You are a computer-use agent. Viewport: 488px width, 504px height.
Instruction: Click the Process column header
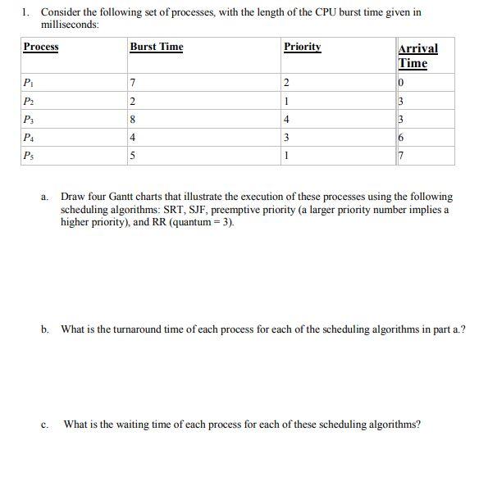(x=40, y=48)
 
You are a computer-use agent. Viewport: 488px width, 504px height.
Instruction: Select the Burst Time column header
(x=156, y=48)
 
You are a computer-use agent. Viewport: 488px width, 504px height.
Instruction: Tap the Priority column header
(x=302, y=48)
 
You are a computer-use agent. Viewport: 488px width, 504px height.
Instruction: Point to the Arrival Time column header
(x=417, y=56)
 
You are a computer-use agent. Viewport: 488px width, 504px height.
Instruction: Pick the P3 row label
(x=29, y=120)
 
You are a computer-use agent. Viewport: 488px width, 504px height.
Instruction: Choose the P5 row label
(x=29, y=155)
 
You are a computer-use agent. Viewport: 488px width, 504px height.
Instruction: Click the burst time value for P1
(x=133, y=83)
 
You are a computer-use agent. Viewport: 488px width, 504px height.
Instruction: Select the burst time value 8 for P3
(x=133, y=120)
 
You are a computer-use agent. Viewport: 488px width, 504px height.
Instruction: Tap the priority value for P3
(x=285, y=120)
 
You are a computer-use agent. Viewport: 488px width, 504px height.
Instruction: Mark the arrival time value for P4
(x=400, y=138)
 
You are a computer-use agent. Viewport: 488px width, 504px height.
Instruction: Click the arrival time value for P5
(x=400, y=156)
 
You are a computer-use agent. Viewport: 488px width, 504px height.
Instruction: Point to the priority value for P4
(x=285, y=138)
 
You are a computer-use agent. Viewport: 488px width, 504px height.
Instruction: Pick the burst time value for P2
(x=133, y=102)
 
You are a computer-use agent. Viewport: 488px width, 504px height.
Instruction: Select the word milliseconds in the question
(x=70, y=25)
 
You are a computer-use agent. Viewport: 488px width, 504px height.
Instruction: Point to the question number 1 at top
(x=26, y=13)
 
